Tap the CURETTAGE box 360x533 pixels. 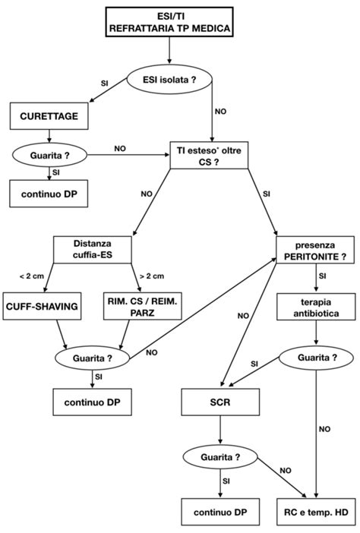50,118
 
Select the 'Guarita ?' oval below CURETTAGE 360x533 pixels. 50,156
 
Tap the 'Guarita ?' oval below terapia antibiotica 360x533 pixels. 314,356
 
